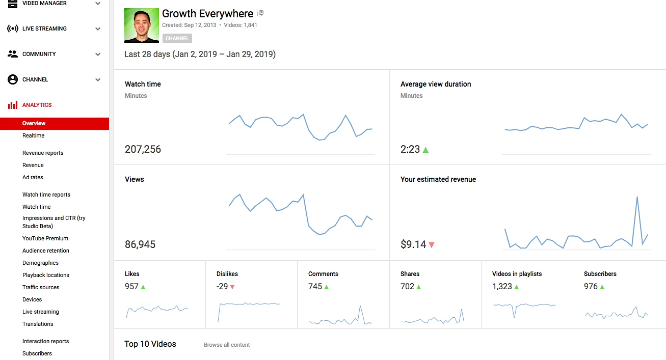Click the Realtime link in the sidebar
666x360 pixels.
(x=33, y=135)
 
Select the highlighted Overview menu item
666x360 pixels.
(x=34, y=123)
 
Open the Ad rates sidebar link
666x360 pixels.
(x=33, y=177)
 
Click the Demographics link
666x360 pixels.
(x=40, y=263)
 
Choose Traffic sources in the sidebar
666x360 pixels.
(x=41, y=287)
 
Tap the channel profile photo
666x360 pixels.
(x=142, y=25)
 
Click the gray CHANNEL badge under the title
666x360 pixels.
(x=177, y=38)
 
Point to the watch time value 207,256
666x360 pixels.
(x=143, y=149)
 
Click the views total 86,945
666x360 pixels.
(x=140, y=244)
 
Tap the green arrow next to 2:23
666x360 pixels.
(x=425, y=150)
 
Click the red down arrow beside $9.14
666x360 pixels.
(x=432, y=245)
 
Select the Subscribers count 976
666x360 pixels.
(x=591, y=286)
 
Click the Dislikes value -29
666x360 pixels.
(x=222, y=286)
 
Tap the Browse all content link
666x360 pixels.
(x=227, y=345)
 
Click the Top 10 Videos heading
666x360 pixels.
(x=150, y=344)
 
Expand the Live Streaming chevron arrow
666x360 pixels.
(x=98, y=29)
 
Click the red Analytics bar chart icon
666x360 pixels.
(x=13, y=105)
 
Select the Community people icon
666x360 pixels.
(x=13, y=54)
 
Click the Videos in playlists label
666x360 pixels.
(x=517, y=274)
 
